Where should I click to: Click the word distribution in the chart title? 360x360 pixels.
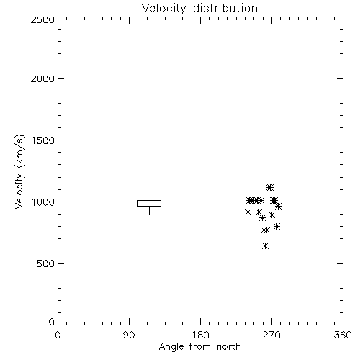point(225,8)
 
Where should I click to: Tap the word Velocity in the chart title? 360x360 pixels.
point(164,9)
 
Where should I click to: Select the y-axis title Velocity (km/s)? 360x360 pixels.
point(19,171)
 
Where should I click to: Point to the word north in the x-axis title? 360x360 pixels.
point(229,346)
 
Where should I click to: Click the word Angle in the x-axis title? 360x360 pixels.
point(171,347)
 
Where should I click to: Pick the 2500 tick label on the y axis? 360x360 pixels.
point(42,19)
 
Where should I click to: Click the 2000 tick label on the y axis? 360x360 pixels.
point(42,78)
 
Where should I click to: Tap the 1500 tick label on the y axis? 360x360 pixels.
point(43,140)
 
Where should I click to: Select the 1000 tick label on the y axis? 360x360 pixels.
point(43,202)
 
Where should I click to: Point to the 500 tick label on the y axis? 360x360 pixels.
point(46,264)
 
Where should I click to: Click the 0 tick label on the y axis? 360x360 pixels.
point(52,322)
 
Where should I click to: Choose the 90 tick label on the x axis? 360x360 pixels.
point(129,335)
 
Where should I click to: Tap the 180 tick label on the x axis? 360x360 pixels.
point(200,335)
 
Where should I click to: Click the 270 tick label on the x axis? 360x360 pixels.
point(271,335)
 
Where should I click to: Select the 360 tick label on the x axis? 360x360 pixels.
point(343,335)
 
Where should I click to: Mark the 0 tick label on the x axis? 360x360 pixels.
point(58,335)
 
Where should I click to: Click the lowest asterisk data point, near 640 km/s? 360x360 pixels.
point(265,246)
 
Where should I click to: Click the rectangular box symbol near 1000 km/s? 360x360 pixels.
point(149,200)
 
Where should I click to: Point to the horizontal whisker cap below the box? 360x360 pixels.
point(149,215)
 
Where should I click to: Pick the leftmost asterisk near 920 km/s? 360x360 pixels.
point(248,212)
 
